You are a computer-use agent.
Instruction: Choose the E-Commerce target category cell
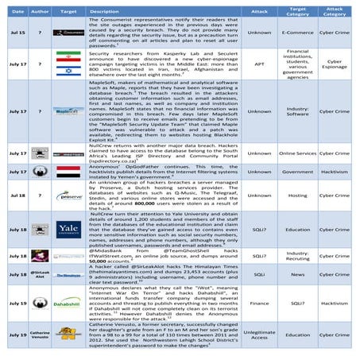tap(303, 33)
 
